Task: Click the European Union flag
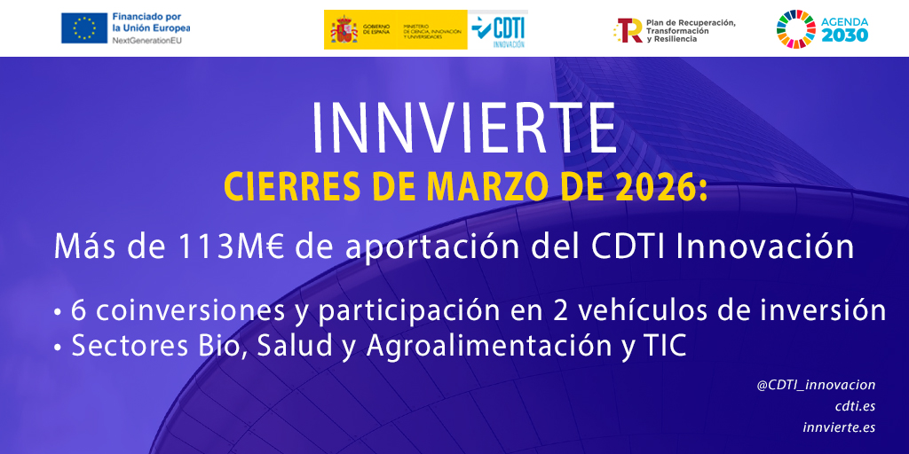point(83,28)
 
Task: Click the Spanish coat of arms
point(344,29)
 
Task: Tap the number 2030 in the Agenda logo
point(845,35)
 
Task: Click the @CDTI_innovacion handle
point(816,385)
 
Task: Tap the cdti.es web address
point(855,406)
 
